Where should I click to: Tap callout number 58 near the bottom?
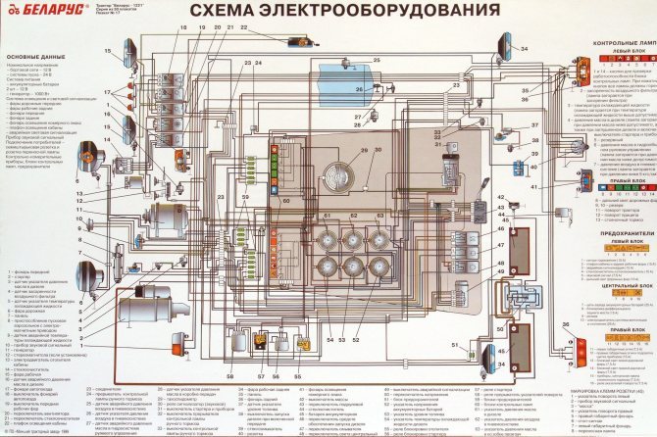[x=232, y=376]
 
